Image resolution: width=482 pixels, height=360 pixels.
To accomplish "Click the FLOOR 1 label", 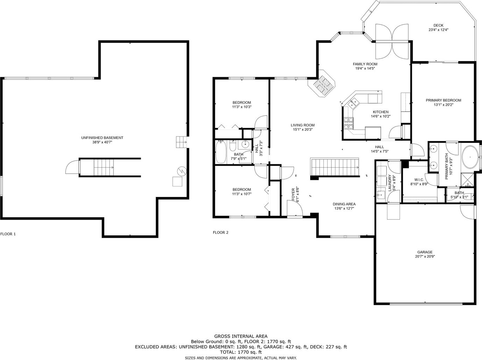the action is pyautogui.click(x=8, y=234).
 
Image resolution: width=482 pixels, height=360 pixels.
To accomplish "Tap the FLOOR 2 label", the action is pyautogui.click(x=220, y=233).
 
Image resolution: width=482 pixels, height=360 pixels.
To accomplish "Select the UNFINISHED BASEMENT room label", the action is pyautogui.click(x=102, y=138).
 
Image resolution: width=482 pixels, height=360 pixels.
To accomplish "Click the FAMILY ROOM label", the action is pyautogui.click(x=365, y=64).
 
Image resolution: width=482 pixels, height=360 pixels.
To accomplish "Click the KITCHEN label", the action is pyautogui.click(x=381, y=112).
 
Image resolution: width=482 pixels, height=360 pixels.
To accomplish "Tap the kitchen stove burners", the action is pyautogui.click(x=349, y=123).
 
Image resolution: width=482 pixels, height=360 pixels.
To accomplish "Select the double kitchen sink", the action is pyautogui.click(x=353, y=104).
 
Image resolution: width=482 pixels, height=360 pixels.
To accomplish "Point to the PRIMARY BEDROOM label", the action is pyautogui.click(x=443, y=100).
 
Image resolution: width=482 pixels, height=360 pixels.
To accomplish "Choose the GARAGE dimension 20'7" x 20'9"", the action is pyautogui.click(x=425, y=256).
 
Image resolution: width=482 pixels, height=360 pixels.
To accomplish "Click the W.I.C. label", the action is pyautogui.click(x=419, y=180).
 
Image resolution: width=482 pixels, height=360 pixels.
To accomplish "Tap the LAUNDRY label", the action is pyautogui.click(x=390, y=183).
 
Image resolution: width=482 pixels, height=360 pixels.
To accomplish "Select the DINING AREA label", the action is pyautogui.click(x=344, y=204).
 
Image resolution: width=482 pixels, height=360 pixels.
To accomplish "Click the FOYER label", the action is pyautogui.click(x=293, y=194).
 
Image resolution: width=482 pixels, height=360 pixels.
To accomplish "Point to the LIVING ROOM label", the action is pyautogui.click(x=302, y=125).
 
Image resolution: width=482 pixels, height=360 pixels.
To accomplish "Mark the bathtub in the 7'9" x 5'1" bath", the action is pyautogui.click(x=221, y=152).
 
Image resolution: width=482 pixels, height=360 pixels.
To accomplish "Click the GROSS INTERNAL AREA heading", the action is pyautogui.click(x=241, y=336).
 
